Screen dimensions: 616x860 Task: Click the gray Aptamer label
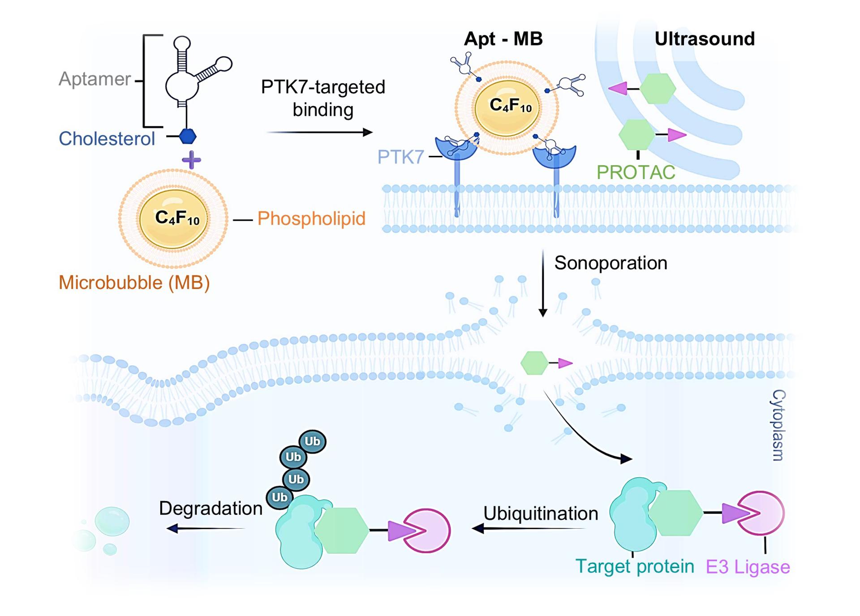(x=95, y=79)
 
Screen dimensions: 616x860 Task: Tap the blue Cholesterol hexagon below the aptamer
(x=188, y=136)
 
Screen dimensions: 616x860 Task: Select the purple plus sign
(x=191, y=160)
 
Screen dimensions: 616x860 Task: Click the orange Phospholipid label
(x=311, y=219)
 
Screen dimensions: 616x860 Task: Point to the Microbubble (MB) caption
(x=134, y=283)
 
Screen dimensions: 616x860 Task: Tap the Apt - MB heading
(x=503, y=39)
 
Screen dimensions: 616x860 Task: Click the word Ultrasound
(x=704, y=39)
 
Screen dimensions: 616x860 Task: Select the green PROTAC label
(x=636, y=172)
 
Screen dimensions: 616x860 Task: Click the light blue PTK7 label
(x=400, y=157)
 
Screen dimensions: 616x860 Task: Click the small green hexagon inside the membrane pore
(x=534, y=363)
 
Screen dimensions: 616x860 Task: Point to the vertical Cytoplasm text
(x=778, y=425)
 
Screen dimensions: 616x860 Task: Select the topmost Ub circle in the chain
(x=312, y=441)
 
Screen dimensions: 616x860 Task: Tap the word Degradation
(x=211, y=509)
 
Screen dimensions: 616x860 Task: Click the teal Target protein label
(x=634, y=567)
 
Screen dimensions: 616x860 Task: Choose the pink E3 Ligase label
(x=748, y=567)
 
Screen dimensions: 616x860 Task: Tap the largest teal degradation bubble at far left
(x=112, y=521)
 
